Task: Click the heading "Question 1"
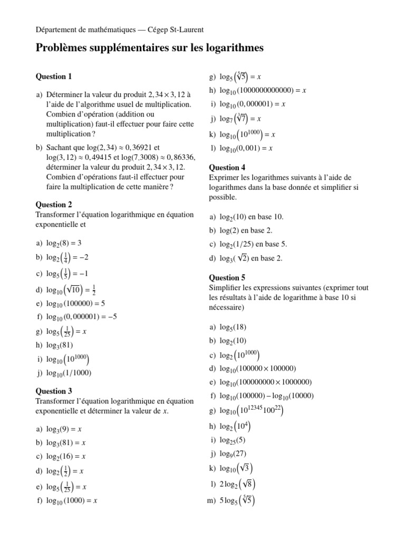tap(53, 76)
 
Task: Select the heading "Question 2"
tap(53, 205)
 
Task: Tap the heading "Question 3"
tap(53, 391)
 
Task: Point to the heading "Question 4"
tap(227, 168)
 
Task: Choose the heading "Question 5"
tap(227, 277)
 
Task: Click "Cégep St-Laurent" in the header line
tap(173, 30)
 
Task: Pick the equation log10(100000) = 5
tap(76, 303)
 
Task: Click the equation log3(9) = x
tap(66, 429)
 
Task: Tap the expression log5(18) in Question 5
tap(233, 327)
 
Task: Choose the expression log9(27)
tap(233, 454)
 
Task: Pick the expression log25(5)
tap(233, 440)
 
